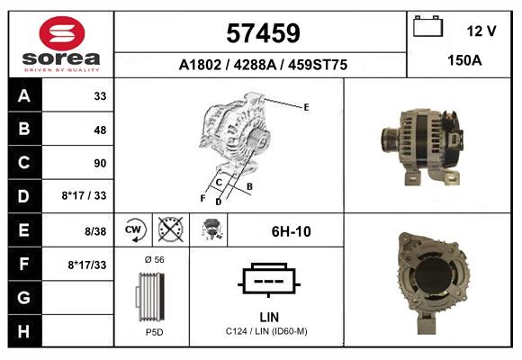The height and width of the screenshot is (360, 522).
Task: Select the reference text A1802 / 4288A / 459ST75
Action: click(263, 65)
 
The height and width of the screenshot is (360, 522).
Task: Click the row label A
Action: click(24, 96)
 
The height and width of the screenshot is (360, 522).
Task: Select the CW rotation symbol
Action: click(135, 230)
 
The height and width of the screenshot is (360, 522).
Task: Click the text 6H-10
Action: click(291, 231)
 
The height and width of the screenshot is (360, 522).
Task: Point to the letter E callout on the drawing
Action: click(306, 107)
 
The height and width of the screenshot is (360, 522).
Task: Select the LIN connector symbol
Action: click(268, 281)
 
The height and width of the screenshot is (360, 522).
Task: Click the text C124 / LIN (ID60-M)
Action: click(267, 332)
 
